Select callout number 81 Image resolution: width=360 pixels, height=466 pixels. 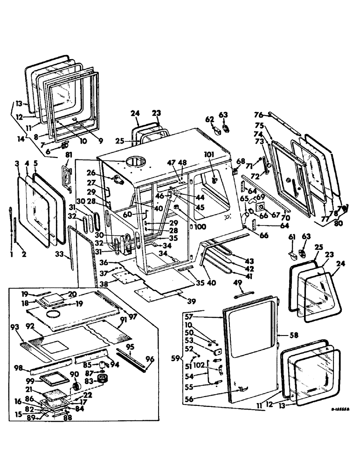point(69,155)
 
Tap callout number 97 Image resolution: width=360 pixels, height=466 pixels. point(134,317)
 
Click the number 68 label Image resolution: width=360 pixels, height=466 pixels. point(241,162)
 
